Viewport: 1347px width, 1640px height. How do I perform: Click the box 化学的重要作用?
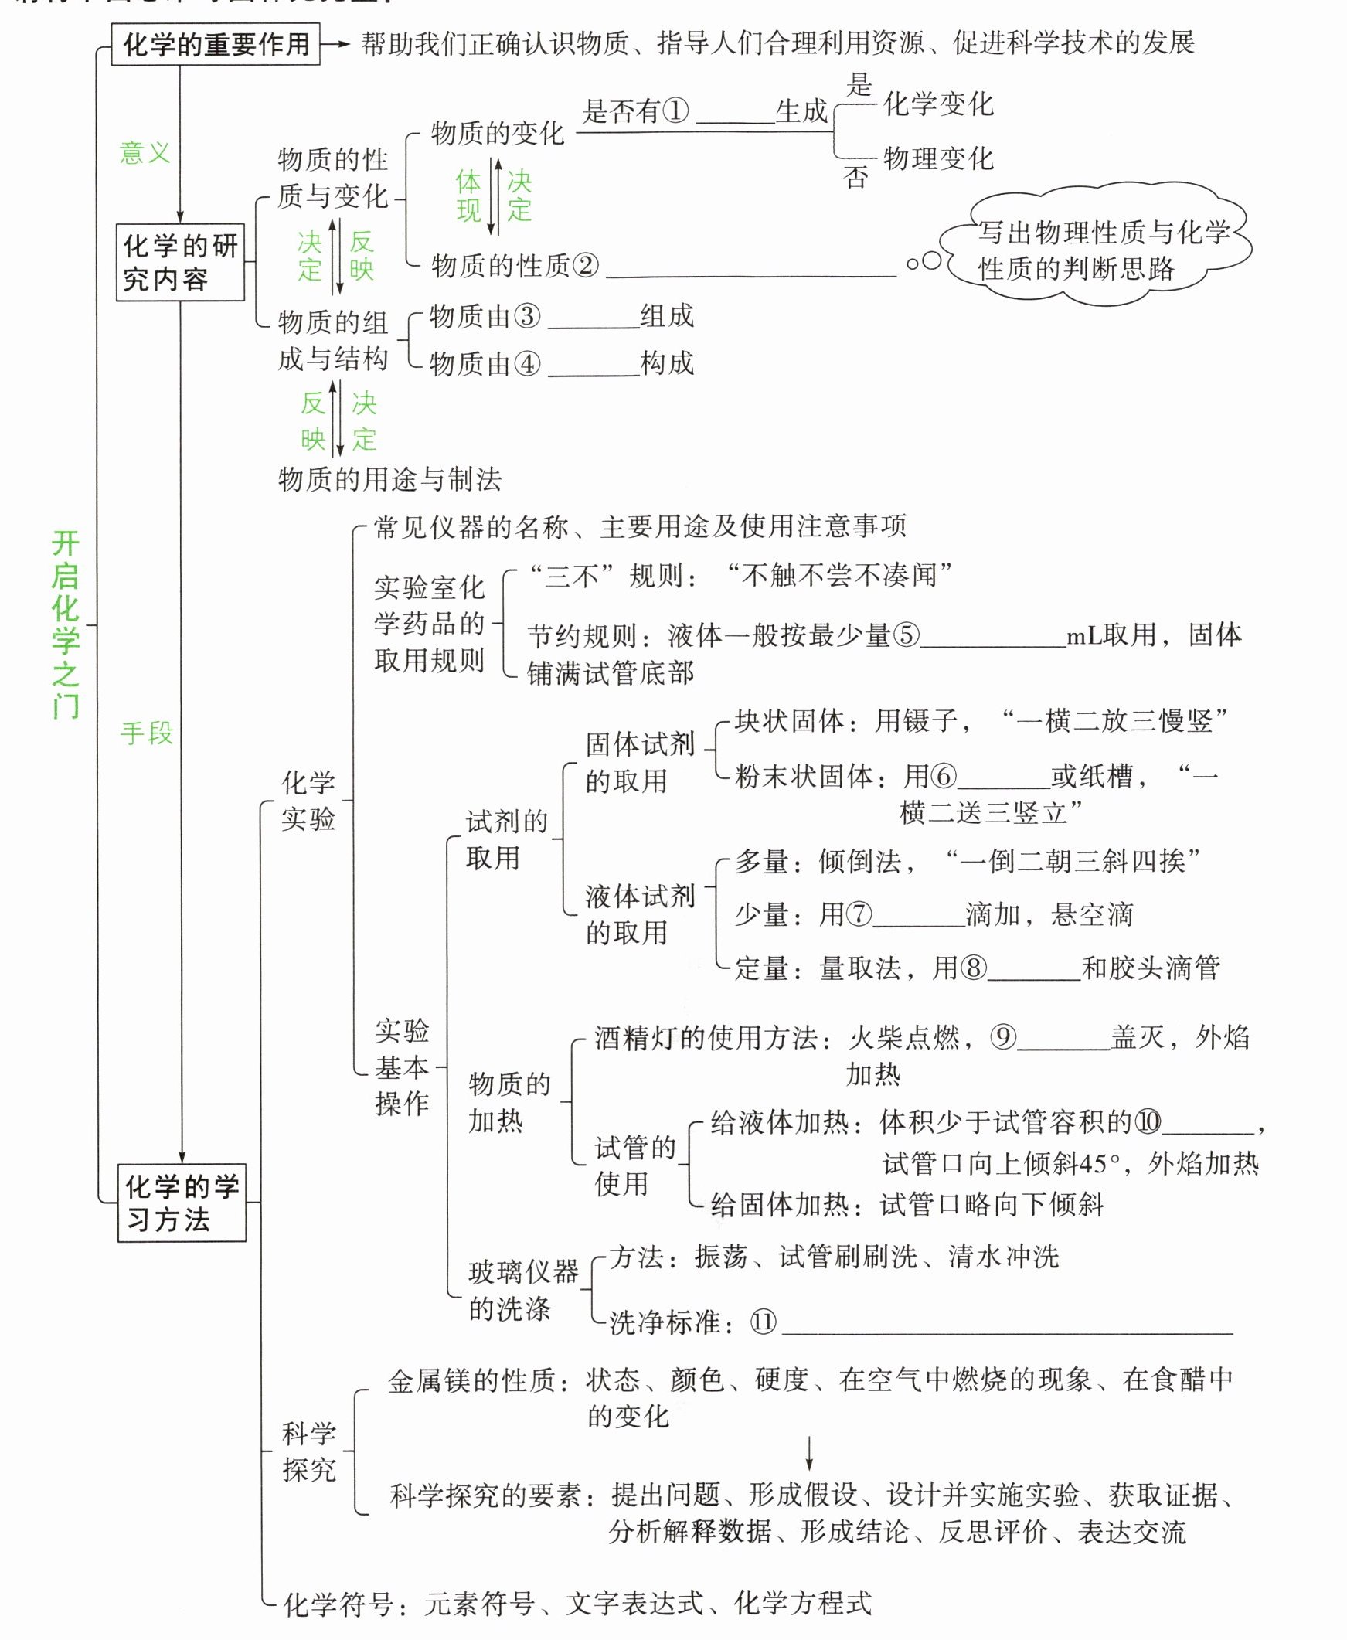click(x=216, y=43)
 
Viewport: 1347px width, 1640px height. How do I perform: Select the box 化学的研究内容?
click(x=180, y=262)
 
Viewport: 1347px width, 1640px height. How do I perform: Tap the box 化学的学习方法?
click(x=182, y=1203)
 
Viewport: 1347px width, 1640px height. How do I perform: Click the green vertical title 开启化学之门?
click(x=66, y=624)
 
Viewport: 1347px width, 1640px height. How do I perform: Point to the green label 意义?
click(x=145, y=152)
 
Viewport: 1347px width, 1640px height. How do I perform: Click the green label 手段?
click(x=147, y=733)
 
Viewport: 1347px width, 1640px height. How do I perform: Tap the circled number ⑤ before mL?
click(x=906, y=635)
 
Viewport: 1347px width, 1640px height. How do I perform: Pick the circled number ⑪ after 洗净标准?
click(x=763, y=1321)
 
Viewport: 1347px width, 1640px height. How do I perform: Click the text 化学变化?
click(x=938, y=104)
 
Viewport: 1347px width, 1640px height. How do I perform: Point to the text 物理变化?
click(x=938, y=159)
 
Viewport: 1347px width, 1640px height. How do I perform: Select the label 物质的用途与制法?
click(x=389, y=479)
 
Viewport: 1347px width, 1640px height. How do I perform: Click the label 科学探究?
click(x=309, y=1451)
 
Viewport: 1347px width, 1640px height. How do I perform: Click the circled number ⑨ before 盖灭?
click(x=1002, y=1037)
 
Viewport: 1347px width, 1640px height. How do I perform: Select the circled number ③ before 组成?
click(x=527, y=317)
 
